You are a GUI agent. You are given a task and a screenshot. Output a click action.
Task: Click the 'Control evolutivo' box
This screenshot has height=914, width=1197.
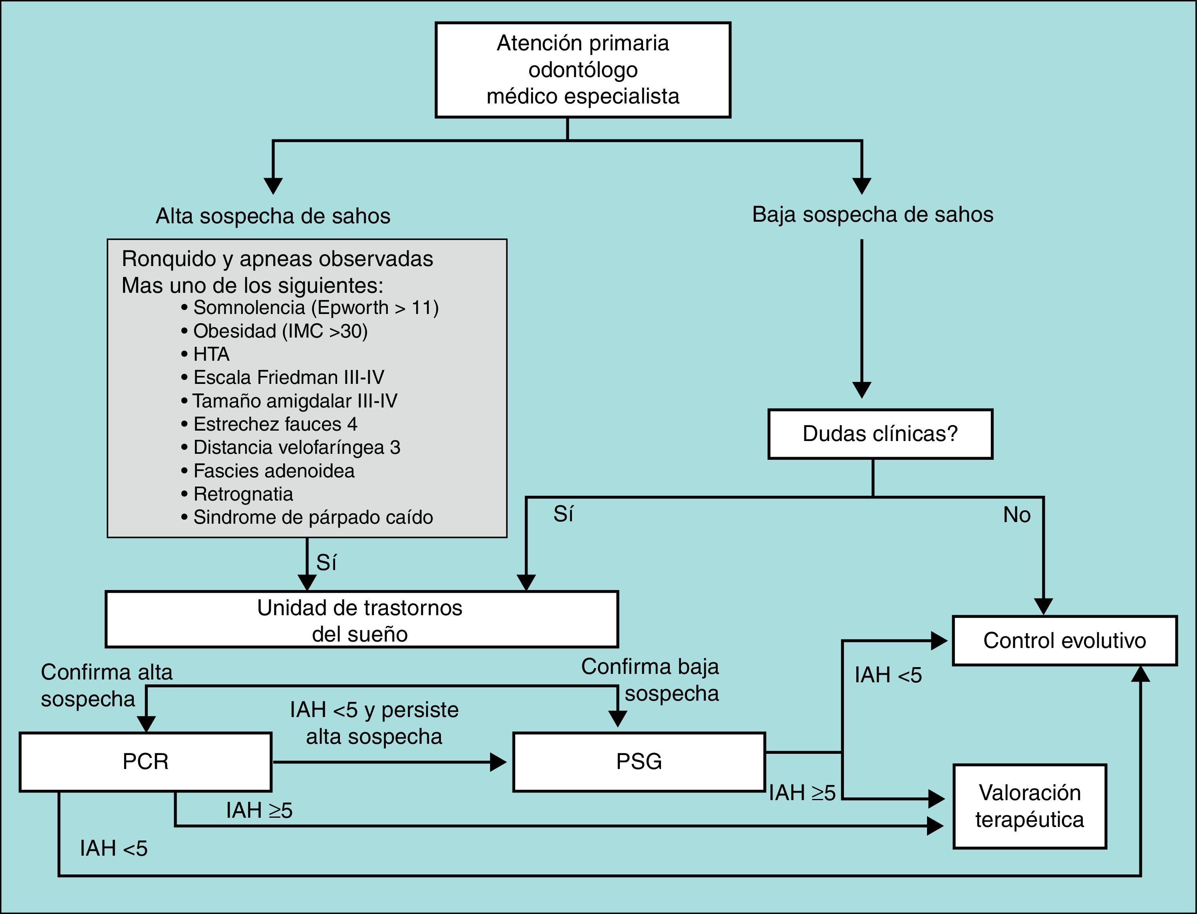click(1064, 640)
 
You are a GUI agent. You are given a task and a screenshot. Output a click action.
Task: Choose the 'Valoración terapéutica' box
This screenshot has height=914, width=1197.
click(1030, 806)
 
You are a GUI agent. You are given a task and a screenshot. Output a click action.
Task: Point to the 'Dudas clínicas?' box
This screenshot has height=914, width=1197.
click(880, 433)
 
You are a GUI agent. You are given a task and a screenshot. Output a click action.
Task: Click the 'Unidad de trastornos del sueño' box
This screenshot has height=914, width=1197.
click(361, 620)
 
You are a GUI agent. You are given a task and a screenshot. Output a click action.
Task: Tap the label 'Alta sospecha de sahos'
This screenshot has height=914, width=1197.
click(273, 216)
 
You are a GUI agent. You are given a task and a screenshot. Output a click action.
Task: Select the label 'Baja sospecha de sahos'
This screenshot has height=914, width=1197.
click(872, 215)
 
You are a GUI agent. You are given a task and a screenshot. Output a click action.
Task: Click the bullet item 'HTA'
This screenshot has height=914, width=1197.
click(211, 354)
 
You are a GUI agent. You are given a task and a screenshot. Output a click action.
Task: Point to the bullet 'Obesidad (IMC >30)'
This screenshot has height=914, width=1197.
click(280, 331)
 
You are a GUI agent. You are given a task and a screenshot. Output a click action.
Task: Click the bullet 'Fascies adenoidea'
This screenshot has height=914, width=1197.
click(274, 471)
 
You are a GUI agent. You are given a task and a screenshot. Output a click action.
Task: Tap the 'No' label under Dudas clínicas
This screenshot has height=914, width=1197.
click(1016, 515)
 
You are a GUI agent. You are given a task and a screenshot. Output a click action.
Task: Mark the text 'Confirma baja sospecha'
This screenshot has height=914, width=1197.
click(651, 680)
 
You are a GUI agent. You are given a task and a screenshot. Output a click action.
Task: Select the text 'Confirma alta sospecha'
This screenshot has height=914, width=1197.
click(107, 685)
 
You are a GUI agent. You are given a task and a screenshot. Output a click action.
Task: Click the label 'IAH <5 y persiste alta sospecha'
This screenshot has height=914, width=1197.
click(374, 723)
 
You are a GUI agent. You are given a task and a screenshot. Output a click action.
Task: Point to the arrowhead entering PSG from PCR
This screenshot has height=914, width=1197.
click(498, 762)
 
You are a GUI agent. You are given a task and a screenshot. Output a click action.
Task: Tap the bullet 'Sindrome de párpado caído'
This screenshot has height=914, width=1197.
click(313, 517)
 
